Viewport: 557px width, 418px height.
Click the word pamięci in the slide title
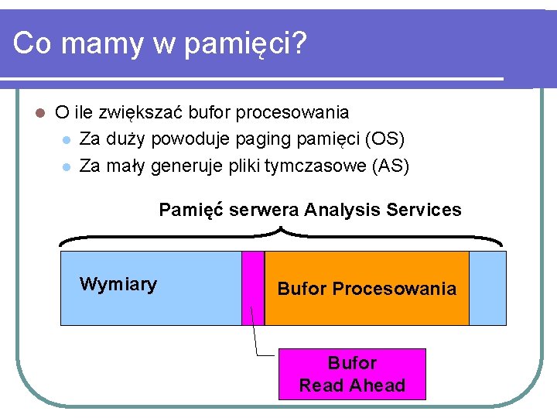tap(248, 44)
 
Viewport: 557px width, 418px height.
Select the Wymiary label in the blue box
tap(118, 284)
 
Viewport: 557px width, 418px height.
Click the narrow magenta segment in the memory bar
tap(253, 287)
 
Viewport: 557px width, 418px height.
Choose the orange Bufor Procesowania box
tap(367, 288)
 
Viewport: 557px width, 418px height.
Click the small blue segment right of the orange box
tap(487, 287)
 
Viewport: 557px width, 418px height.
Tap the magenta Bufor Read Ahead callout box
tap(352, 374)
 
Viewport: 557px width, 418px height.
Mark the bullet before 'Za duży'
tap(67, 140)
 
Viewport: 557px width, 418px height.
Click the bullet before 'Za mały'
tap(67, 166)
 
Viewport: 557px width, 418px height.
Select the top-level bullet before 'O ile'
tap(41, 113)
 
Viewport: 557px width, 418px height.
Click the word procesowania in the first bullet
tap(292, 113)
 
